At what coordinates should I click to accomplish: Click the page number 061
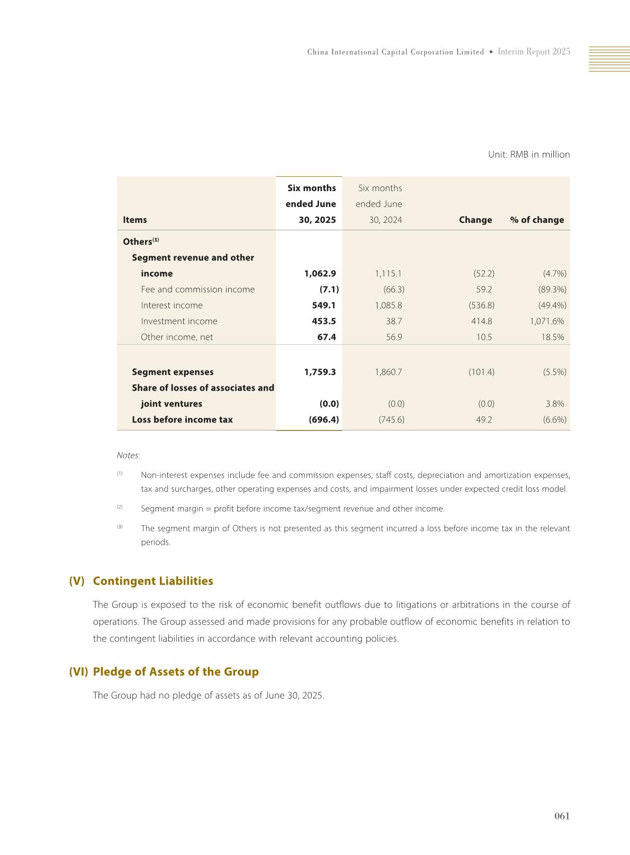(x=562, y=816)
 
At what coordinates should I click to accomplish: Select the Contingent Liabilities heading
(x=152, y=581)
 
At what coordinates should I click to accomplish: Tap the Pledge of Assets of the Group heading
(x=175, y=671)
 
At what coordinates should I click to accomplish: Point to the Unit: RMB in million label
(x=528, y=155)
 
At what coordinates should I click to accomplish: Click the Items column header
(x=135, y=220)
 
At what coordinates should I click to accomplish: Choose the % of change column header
(x=537, y=220)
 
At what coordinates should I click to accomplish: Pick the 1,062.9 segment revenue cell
(x=320, y=273)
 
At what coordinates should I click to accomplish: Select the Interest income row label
(x=172, y=305)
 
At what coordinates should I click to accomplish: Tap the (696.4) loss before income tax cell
(x=323, y=419)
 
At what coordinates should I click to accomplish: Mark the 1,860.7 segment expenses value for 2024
(x=388, y=372)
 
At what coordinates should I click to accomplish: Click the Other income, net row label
(x=177, y=337)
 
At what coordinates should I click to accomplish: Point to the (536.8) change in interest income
(x=481, y=305)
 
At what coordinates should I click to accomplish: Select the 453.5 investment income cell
(x=323, y=321)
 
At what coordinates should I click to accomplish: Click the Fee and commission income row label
(x=197, y=289)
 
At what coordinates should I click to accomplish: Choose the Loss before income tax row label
(x=182, y=419)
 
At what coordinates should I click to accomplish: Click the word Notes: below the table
(x=128, y=455)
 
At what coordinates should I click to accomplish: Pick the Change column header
(x=475, y=220)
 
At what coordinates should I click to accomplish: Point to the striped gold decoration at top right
(x=609, y=59)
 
